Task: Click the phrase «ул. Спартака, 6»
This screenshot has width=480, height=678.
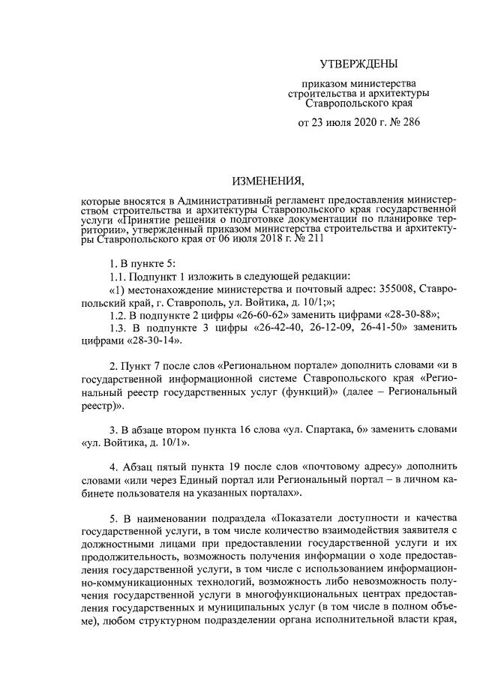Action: point(355,430)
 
